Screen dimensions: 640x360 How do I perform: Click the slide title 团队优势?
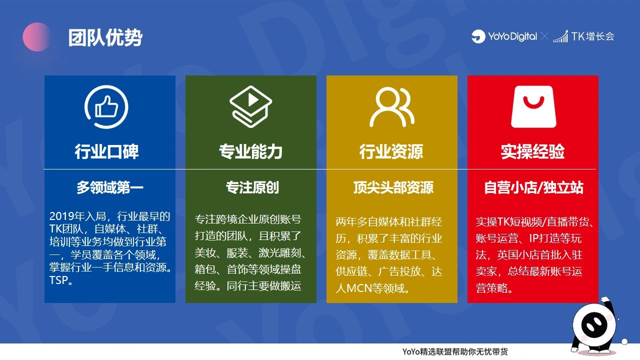(x=105, y=37)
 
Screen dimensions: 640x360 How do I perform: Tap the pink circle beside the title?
(x=37, y=37)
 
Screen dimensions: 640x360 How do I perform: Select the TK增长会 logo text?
(x=592, y=36)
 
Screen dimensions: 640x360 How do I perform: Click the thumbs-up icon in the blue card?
(x=106, y=107)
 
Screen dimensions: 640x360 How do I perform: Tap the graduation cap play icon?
(x=250, y=106)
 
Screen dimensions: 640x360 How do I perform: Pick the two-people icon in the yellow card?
(x=391, y=107)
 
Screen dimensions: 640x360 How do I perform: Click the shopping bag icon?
(x=533, y=106)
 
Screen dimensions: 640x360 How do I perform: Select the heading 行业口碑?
(x=106, y=151)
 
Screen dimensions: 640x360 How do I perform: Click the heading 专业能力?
(x=250, y=151)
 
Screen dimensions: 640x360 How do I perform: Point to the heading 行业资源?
(x=391, y=151)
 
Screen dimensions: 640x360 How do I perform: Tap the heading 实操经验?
(x=533, y=151)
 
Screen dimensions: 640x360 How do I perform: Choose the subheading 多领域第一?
(x=109, y=187)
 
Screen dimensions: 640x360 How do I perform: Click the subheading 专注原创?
(x=252, y=187)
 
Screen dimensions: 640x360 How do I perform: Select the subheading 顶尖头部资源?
(x=393, y=187)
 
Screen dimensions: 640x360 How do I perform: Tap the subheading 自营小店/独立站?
(x=533, y=187)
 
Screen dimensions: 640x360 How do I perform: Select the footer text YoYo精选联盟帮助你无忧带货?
(x=455, y=351)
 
